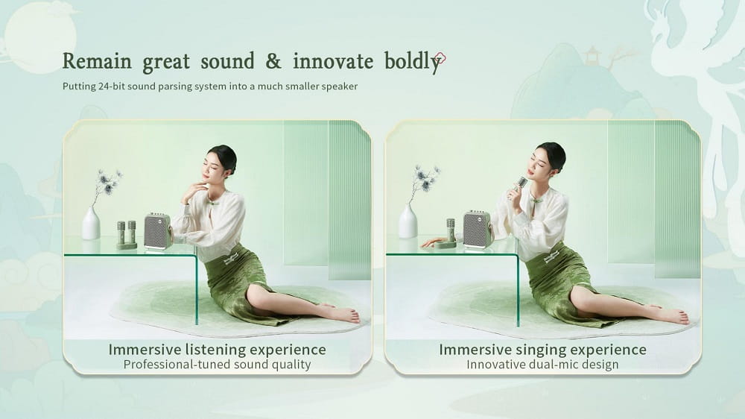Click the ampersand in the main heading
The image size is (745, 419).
[273, 61]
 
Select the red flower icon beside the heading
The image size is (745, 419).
[440, 58]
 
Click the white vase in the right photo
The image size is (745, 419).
[408, 221]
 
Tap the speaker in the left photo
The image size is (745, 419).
[158, 231]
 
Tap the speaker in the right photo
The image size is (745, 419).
[478, 229]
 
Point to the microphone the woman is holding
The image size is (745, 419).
[519, 187]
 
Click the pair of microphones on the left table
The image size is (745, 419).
[127, 235]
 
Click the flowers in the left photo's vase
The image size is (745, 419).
[107, 183]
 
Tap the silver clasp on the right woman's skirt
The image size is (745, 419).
[552, 257]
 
